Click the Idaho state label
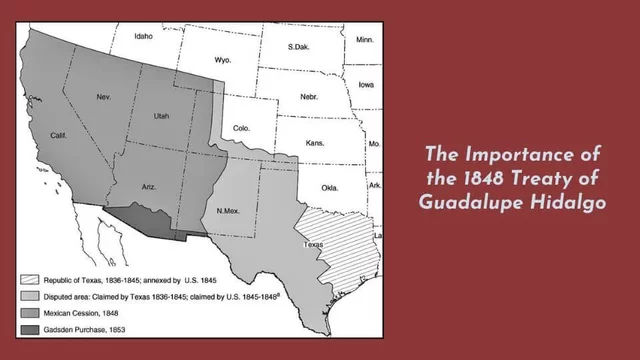[144, 37]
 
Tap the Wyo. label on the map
[223, 60]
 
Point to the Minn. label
[364, 40]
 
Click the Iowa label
[366, 85]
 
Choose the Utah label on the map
[162, 116]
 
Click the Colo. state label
[241, 128]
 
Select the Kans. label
[314, 144]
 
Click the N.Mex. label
[231, 210]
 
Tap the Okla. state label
[330, 188]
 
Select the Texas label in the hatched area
[314, 244]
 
